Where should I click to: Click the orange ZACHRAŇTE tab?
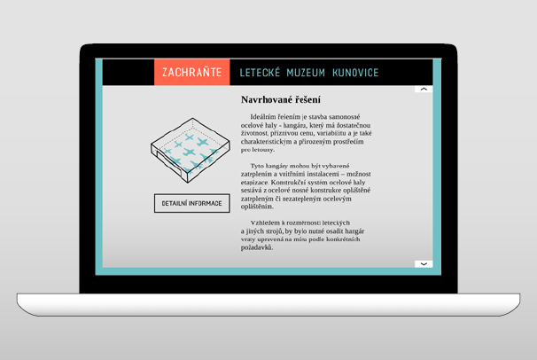[x=191, y=72]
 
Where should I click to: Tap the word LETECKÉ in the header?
[x=260, y=73]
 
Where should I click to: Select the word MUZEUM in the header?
[x=306, y=73]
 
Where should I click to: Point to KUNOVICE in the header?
[x=355, y=73]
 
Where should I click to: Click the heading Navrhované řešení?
[x=281, y=99]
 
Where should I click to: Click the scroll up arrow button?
[x=424, y=89]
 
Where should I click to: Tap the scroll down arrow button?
[x=424, y=263]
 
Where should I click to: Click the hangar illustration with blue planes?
[x=191, y=150]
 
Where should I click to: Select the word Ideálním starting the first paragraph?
[x=263, y=117]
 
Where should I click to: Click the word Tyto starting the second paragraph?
[x=257, y=166]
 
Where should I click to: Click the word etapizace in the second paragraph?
[x=254, y=183]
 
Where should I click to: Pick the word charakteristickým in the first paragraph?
[x=267, y=142]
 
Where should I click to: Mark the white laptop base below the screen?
[x=268, y=304]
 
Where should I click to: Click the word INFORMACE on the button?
[x=206, y=203]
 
